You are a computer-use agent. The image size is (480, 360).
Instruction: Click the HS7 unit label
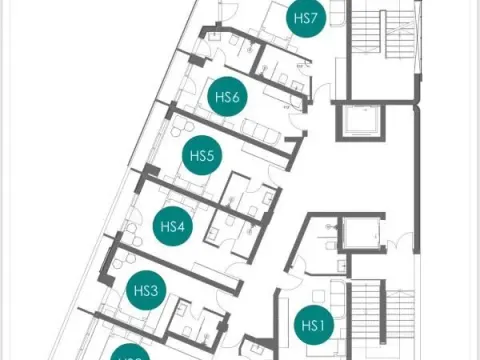click(306, 19)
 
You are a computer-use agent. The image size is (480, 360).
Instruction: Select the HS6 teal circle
click(227, 97)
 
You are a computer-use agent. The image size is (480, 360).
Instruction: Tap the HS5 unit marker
click(202, 156)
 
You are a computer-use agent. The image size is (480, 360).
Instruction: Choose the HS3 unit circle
click(146, 291)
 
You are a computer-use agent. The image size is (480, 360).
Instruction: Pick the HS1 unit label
click(313, 325)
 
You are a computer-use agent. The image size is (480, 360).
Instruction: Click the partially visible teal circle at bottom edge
click(131, 353)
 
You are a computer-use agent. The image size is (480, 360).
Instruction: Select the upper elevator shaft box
click(357, 123)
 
